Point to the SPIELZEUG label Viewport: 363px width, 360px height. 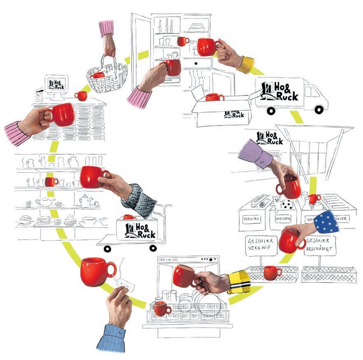[283, 218]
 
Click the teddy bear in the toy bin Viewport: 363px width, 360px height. [277, 203]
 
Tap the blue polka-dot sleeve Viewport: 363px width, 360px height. [326, 222]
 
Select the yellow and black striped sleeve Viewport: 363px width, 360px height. [239, 281]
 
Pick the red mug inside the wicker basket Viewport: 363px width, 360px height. [98, 75]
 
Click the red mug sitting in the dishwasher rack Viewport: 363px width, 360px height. [162, 308]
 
